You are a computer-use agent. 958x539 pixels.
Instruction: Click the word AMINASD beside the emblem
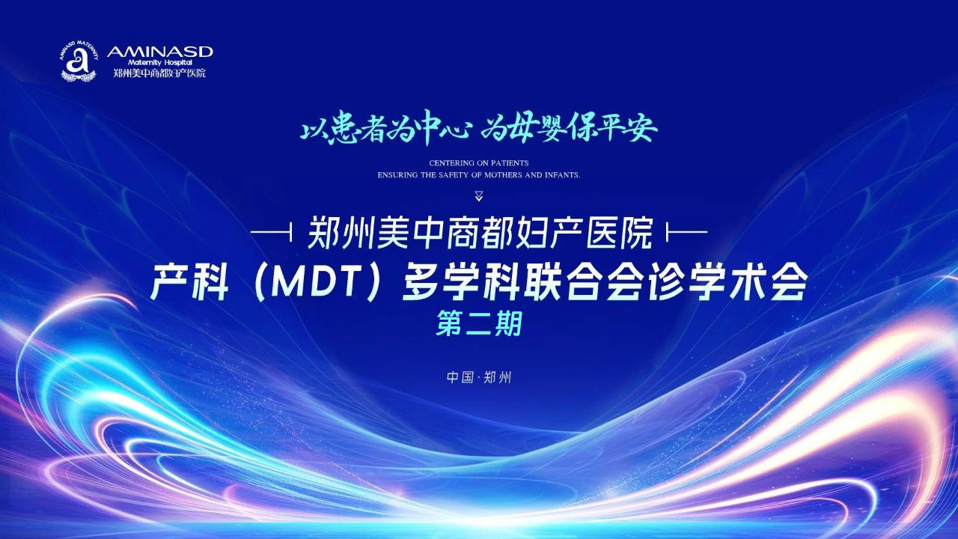pos(160,51)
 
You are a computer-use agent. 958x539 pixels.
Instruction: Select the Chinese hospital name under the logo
pos(159,73)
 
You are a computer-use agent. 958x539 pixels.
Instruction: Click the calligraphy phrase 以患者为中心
pos(385,130)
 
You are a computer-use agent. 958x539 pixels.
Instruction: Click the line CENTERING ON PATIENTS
pos(479,162)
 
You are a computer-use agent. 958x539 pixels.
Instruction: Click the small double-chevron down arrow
pos(479,197)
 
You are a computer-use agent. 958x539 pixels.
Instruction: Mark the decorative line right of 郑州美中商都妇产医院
pos(686,234)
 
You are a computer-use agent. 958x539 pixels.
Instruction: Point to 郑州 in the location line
pos(497,377)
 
